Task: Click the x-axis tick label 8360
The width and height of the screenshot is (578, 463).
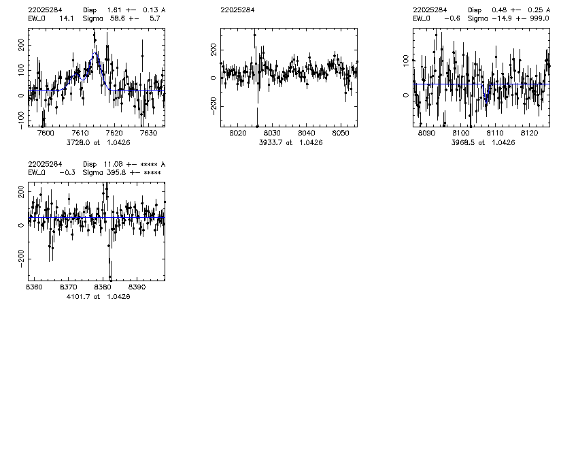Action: (33, 287)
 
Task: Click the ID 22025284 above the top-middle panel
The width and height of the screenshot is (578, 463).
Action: (237, 10)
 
